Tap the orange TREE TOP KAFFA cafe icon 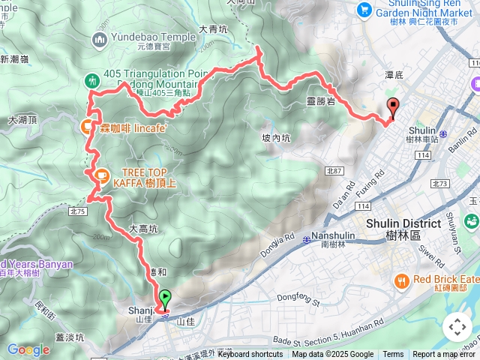(98, 175)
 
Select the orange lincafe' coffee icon (87, 127)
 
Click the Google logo (28, 349)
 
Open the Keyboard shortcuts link (250, 355)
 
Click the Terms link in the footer (393, 355)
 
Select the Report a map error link (444, 355)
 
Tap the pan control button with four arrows (457, 327)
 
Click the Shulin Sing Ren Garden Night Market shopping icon (364, 9)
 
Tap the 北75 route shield (78, 211)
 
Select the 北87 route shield (334, 171)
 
